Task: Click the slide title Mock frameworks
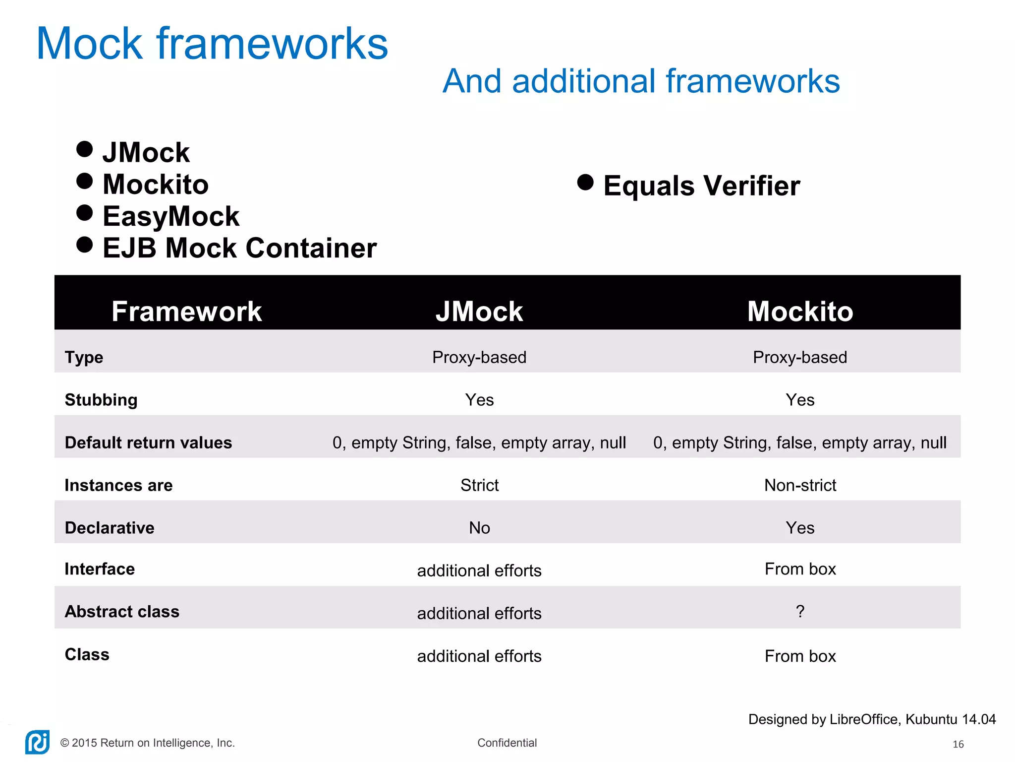tap(212, 44)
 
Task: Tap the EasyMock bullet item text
tap(171, 216)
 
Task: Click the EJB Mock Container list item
tap(239, 248)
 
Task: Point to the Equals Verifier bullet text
tap(701, 186)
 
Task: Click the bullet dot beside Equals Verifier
tap(585, 183)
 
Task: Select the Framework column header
tap(186, 312)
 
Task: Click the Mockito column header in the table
tap(800, 312)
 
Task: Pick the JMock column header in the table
tap(479, 312)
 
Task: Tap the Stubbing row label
tap(101, 400)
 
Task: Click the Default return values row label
tap(148, 443)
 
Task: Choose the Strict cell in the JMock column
tap(479, 485)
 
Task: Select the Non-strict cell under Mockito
tap(800, 485)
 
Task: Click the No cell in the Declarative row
tap(479, 528)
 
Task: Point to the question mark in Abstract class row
tap(800, 611)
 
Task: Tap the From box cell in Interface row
tap(800, 569)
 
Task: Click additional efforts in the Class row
tap(479, 656)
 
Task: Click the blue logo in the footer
tap(38, 742)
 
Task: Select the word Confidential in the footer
tap(507, 743)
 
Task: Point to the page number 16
tap(958, 744)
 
